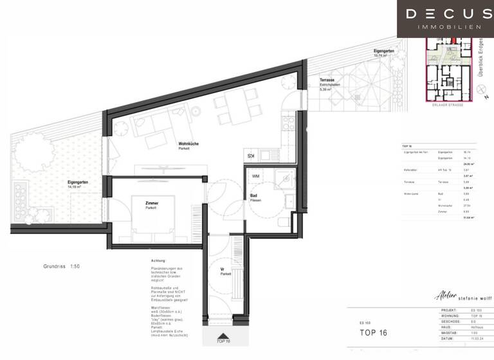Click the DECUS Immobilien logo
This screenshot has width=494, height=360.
pos(444,19)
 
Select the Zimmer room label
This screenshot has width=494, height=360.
pos(151,205)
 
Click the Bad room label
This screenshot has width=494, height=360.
pos(255,197)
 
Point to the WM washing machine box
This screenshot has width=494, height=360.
pos(255,175)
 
